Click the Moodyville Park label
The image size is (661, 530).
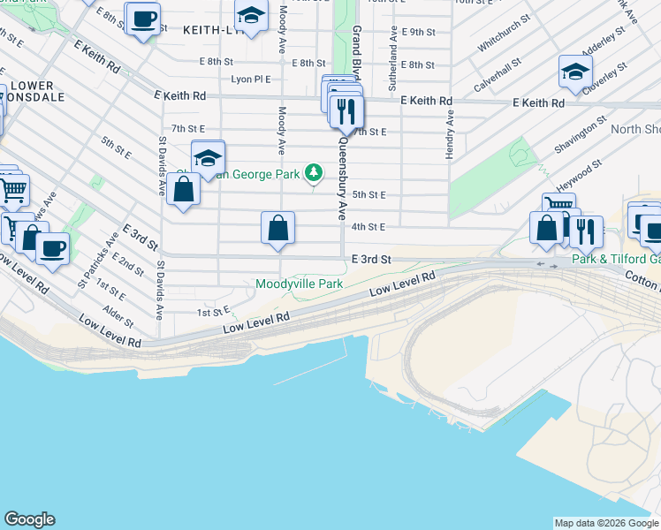point(299,284)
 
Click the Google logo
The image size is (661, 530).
point(29,519)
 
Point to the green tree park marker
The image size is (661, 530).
point(313,171)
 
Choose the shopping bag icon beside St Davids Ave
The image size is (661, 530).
point(183,190)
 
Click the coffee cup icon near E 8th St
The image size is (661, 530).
point(143,18)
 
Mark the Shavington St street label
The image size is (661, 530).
point(582,132)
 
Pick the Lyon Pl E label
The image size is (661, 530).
point(250,79)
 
